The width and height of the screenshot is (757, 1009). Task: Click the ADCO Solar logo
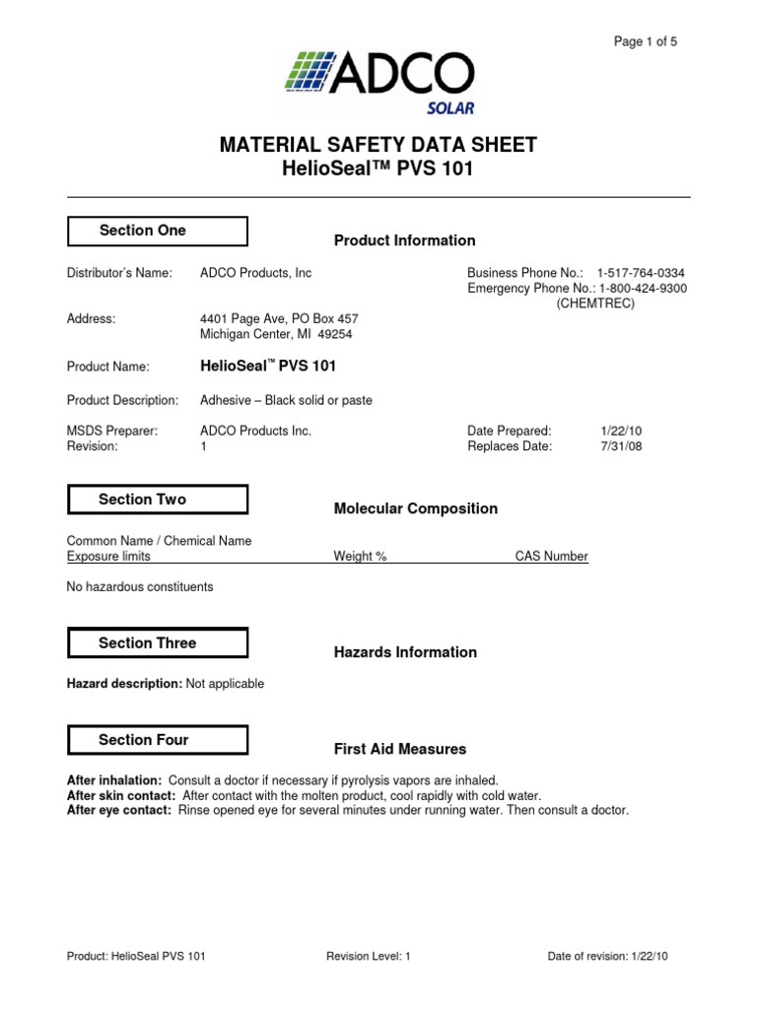pos(378,83)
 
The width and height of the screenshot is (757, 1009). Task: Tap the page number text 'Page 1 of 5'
pos(645,41)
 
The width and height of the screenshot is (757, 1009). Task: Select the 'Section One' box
pos(157,231)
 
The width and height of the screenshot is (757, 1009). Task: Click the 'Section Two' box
pos(157,500)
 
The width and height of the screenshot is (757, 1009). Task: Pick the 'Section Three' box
pos(157,643)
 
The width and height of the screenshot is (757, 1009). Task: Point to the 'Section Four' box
pos(157,740)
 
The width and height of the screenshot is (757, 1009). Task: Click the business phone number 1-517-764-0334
pos(641,272)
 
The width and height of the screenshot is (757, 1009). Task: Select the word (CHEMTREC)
pos(595,303)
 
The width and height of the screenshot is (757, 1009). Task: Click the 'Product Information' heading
pos(404,240)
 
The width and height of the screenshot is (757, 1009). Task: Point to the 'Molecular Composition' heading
pos(415,508)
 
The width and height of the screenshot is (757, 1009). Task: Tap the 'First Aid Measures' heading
pos(399,749)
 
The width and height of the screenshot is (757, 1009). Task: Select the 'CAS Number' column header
pos(551,557)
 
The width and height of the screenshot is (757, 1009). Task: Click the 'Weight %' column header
pos(360,557)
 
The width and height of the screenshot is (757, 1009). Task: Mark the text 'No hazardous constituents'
pos(139,586)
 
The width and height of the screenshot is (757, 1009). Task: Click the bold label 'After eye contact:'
pos(118,810)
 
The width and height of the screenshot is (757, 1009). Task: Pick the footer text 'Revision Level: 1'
pos(367,956)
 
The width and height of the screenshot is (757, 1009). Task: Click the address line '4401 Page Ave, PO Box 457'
pos(279,318)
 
